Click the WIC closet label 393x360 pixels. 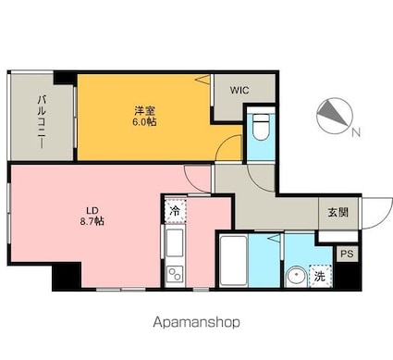(239, 91)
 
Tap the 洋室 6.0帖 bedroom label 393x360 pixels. (144, 117)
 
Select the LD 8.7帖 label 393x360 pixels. (92, 216)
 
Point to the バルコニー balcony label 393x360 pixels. (42, 122)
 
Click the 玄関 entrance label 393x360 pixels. (338, 213)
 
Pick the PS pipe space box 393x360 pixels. (347, 254)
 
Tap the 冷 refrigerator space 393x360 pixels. (175, 211)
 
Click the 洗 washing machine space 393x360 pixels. (320, 276)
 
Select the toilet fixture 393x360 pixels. (261, 126)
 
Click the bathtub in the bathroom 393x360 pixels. (233, 261)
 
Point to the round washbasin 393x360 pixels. (296, 276)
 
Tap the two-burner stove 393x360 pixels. (175, 275)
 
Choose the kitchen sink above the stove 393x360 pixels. (175, 242)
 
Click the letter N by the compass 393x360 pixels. (356, 132)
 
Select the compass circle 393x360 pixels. (335, 116)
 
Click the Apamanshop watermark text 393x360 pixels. (196, 323)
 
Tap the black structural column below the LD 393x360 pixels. (67, 276)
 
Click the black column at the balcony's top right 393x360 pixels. (65, 78)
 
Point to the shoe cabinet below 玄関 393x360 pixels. (338, 236)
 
